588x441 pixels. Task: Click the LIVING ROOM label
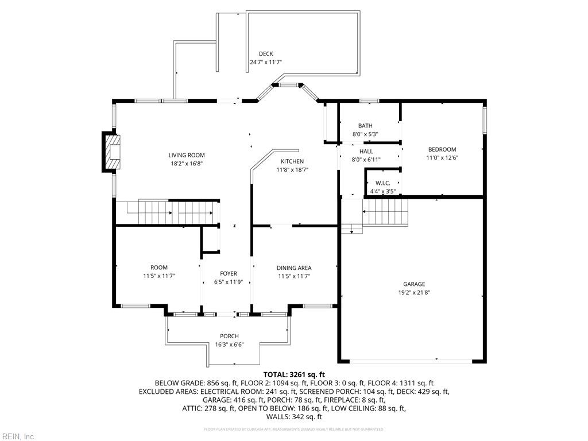187,155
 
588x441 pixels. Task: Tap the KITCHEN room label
292,161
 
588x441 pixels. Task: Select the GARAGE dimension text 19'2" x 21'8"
413,292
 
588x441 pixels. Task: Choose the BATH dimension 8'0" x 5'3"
365,134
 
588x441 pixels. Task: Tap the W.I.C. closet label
382,183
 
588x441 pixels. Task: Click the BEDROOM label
442,149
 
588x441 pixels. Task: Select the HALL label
366,152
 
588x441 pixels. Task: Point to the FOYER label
228,274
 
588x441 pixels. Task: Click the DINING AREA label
294,268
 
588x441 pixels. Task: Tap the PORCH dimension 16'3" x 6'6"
229,345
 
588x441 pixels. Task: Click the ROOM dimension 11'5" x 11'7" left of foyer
159,276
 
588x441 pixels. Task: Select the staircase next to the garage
385,211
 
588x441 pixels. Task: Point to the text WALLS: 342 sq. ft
294,417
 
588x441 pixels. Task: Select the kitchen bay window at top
287,86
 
